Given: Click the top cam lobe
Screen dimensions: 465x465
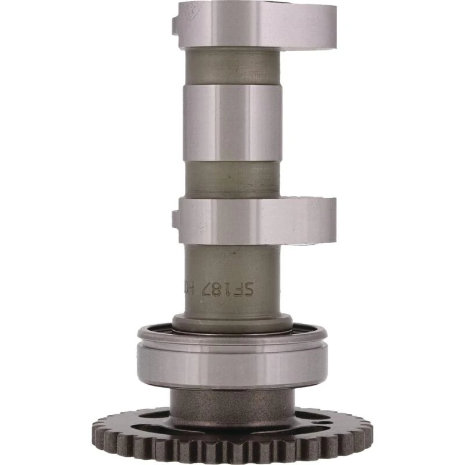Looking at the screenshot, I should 256,24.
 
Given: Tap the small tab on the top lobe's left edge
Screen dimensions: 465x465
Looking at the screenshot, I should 176,24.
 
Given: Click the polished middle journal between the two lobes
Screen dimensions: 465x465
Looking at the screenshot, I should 233,122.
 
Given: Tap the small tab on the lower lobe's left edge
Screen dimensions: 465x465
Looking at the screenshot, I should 176,219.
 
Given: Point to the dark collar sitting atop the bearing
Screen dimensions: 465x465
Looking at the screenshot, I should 233,323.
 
